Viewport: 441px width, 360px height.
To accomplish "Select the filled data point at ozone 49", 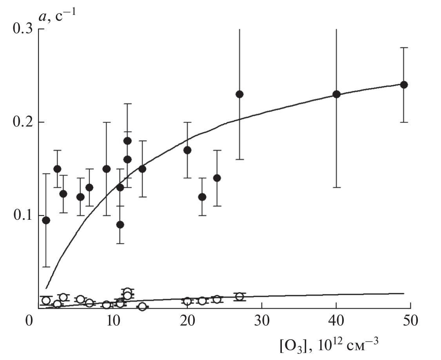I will click(404, 85).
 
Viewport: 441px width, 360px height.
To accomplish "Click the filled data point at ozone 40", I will click(336, 94).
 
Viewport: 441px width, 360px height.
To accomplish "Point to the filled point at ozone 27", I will click(240, 94).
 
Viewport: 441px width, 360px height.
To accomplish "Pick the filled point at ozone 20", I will click(187, 150).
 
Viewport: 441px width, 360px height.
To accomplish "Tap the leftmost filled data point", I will click(46, 220).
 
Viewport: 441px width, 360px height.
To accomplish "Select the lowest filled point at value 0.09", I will click(120, 224).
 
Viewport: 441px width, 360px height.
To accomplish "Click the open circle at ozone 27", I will click(240, 297).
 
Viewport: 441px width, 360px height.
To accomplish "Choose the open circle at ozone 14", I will click(142, 306).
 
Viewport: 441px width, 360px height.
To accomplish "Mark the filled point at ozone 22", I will click(202, 197).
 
